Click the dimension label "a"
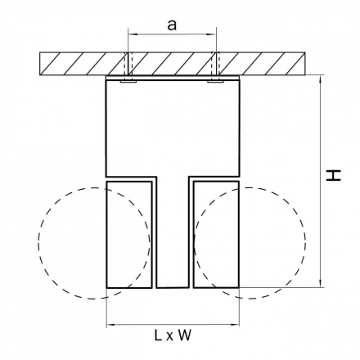click(172, 25)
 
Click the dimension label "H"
click(333, 175)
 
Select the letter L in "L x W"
click(158, 335)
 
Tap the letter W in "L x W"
click(185, 335)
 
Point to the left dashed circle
click(38, 243)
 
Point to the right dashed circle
click(305, 243)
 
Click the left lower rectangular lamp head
click(129, 235)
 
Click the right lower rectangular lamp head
click(216, 235)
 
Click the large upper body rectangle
click(173, 128)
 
